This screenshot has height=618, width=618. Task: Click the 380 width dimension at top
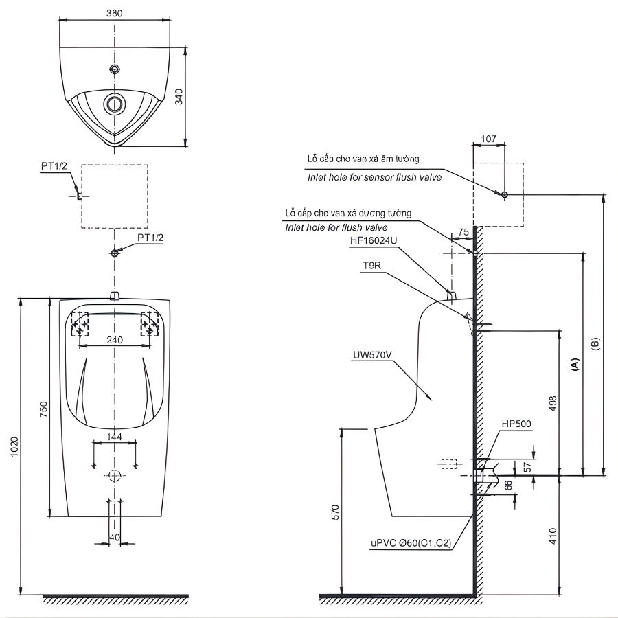click(115, 12)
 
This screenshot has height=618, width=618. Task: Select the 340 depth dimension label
click(179, 97)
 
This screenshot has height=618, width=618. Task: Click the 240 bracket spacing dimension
click(114, 339)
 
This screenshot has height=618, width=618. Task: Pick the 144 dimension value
click(115, 436)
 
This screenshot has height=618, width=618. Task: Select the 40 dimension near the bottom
click(114, 536)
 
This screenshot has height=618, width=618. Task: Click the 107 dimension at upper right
click(488, 139)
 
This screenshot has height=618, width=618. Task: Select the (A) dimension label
click(575, 364)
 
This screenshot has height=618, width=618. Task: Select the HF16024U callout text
click(374, 240)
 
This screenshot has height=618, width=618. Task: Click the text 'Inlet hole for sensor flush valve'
click(374, 177)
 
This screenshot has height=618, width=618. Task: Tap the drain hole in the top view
click(115, 104)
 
